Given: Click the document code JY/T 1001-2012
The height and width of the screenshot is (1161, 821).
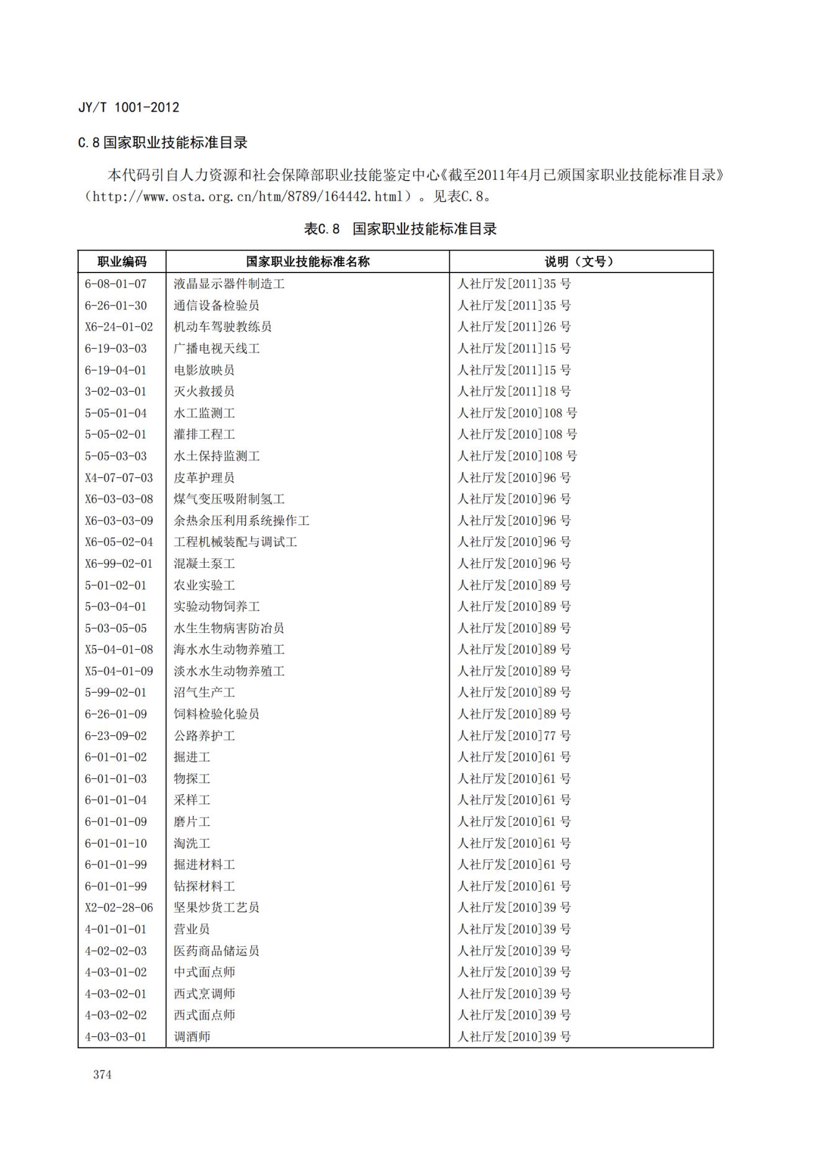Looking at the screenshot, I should tap(128, 107).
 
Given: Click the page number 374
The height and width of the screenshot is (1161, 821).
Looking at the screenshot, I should tap(102, 1074).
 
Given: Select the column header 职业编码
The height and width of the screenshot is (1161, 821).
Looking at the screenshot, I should tap(122, 261).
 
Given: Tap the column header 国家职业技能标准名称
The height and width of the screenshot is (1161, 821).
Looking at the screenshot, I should tap(307, 261).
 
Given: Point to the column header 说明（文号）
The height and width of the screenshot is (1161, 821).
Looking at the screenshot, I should tap(580, 261).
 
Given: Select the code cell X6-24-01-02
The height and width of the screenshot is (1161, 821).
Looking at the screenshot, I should tap(119, 326).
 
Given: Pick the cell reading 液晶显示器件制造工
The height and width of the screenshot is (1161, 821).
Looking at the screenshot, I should tap(229, 284).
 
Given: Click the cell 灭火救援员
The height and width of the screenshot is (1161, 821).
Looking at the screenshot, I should tap(204, 391).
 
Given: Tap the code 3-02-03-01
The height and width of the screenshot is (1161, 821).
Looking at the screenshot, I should tap(115, 391).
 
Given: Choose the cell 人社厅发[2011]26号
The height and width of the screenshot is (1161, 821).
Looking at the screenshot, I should tap(514, 326).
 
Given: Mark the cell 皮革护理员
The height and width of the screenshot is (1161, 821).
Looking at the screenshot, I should tap(204, 477).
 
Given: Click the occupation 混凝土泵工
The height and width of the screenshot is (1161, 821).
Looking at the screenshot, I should tap(204, 563).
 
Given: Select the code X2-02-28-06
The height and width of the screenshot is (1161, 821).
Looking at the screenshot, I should tap(119, 907).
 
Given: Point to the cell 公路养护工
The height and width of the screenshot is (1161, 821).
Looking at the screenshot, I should tap(204, 735).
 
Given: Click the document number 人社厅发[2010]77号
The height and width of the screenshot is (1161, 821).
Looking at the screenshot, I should tap(514, 735).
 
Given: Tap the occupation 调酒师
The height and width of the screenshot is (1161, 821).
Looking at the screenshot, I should tap(192, 1036).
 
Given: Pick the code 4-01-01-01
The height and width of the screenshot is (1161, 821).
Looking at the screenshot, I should tap(115, 929).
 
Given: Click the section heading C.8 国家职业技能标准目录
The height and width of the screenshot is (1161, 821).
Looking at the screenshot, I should tap(163, 143).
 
